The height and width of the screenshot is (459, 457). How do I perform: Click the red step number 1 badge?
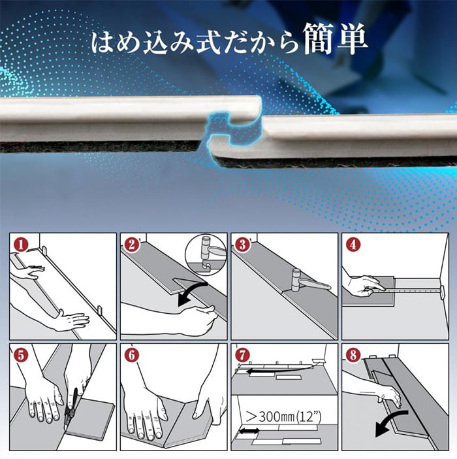point(21,245)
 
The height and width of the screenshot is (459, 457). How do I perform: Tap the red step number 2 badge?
point(132,245)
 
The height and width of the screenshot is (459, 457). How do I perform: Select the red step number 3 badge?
point(242,245)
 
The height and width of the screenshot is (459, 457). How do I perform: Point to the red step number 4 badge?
point(353,245)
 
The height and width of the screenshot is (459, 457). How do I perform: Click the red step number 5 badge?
point(21,356)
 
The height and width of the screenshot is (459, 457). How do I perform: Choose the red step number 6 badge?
point(132,356)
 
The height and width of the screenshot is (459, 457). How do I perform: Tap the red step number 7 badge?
point(242,356)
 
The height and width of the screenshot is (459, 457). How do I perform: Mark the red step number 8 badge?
point(353,356)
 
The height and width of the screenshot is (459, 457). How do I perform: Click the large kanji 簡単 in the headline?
point(335,39)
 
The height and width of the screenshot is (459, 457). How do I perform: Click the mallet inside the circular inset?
point(210,250)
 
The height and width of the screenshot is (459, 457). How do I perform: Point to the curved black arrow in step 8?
point(388,420)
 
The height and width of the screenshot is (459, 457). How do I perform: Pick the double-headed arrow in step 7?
point(249,431)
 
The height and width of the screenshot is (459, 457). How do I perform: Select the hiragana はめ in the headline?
point(116,42)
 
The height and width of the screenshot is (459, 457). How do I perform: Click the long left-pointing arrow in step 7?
point(281,369)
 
